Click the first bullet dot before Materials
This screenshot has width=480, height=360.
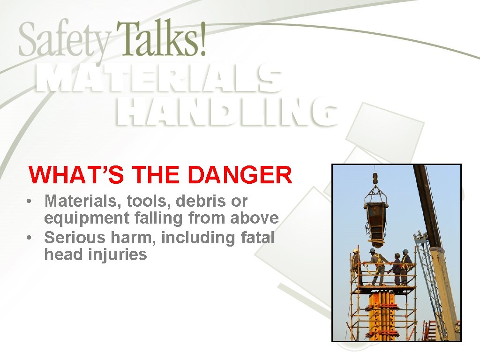point(29,202)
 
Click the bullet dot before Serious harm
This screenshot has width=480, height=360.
point(29,238)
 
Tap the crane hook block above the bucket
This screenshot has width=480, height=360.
point(375,179)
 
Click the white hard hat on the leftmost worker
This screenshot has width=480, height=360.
point(356,251)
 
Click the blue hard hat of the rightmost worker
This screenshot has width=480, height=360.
point(405,251)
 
